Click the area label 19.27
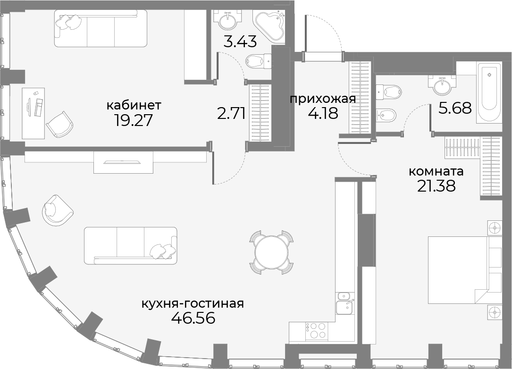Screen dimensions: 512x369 [x=134, y=120]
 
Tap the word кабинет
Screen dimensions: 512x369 [x=134, y=106]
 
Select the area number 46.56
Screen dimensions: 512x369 [x=193, y=318]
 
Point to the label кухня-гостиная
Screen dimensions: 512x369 [x=193, y=304]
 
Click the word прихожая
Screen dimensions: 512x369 [x=323, y=99]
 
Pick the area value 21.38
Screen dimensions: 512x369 [x=436, y=186]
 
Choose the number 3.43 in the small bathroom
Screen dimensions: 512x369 [x=240, y=42]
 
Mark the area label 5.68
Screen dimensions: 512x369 [x=455, y=108]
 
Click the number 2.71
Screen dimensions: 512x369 [x=231, y=114]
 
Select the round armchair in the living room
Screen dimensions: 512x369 [x=58, y=210]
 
